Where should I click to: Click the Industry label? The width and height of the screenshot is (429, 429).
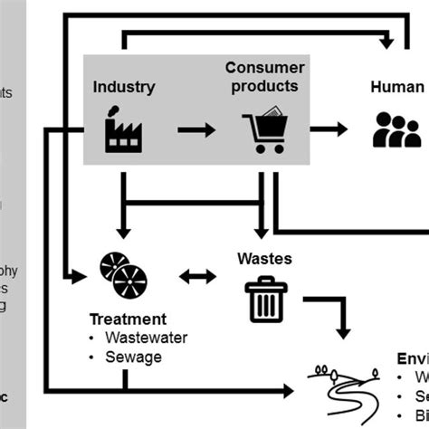(x=124, y=88)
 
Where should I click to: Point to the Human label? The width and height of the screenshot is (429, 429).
(x=396, y=88)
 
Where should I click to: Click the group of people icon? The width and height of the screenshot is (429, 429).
(x=396, y=130)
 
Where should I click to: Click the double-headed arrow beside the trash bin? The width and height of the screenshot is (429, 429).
(x=196, y=275)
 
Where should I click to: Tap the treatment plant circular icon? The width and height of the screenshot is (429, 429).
(x=124, y=275)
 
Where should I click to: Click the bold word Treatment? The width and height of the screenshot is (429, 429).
(x=127, y=319)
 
